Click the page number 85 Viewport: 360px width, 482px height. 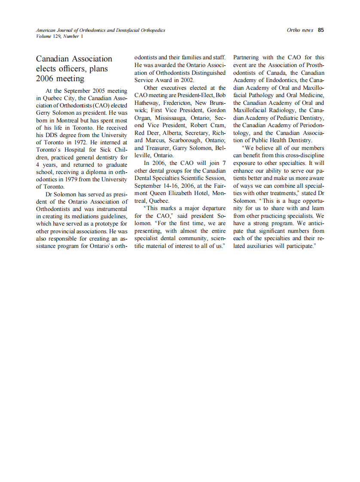[321, 30]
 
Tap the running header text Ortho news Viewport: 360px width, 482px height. [300, 30]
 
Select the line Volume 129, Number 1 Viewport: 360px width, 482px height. [60, 36]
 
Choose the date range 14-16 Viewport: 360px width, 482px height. [170, 186]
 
